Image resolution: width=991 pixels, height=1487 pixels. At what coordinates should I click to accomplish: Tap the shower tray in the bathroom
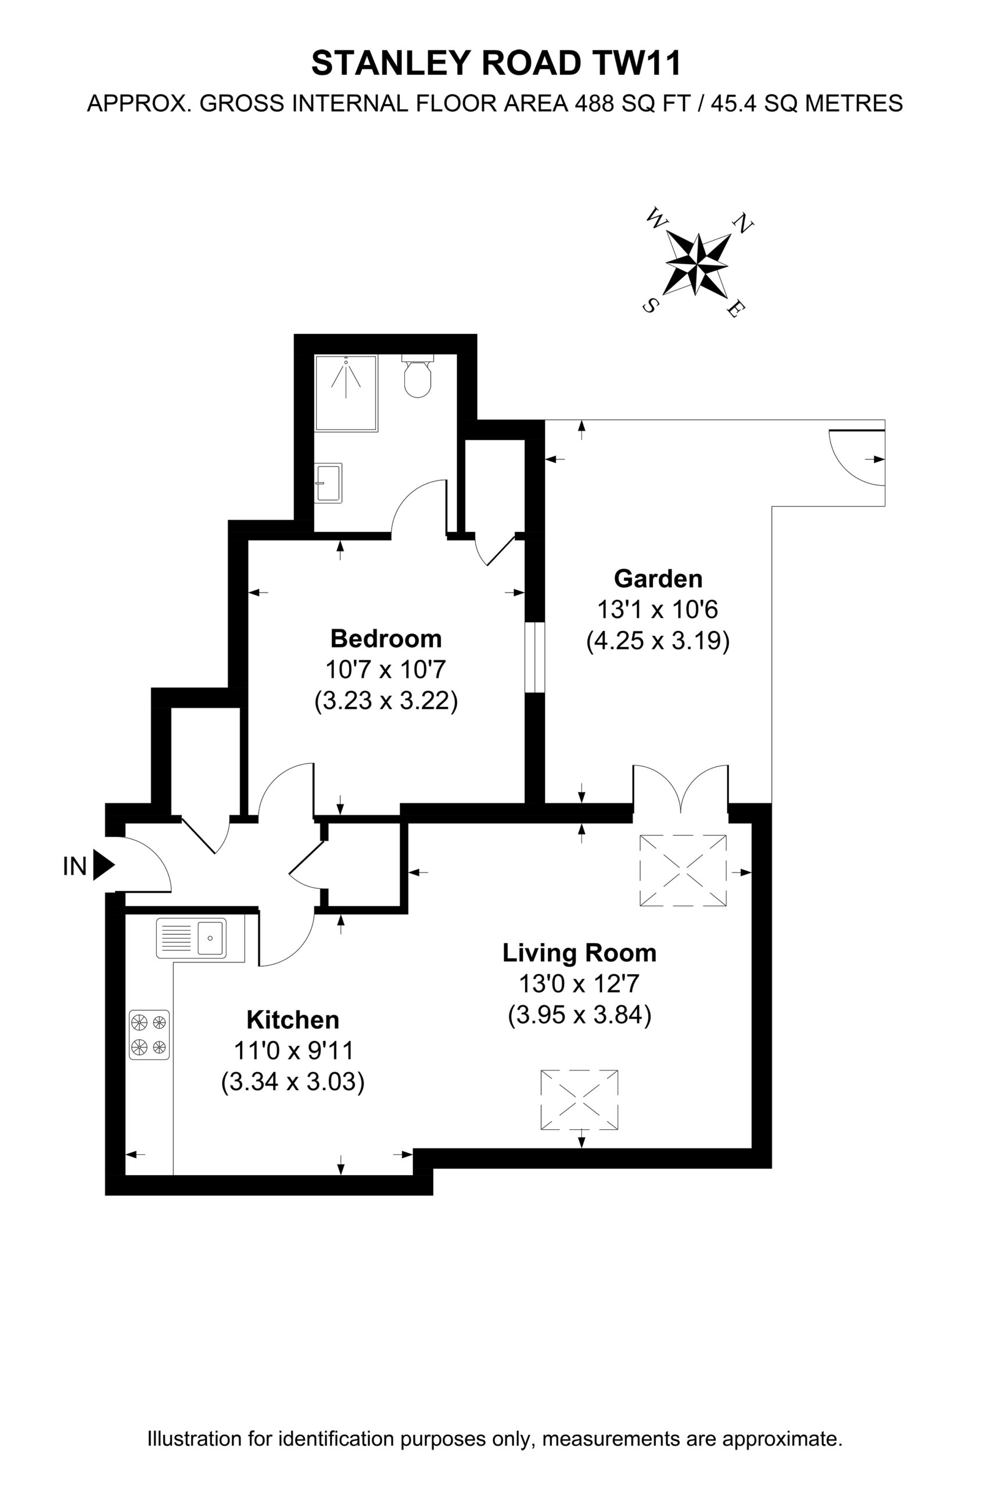[x=346, y=393]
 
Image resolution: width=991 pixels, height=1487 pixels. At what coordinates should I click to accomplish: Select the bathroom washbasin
[x=328, y=483]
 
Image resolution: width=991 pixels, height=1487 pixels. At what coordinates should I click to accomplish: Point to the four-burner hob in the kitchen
[x=149, y=1035]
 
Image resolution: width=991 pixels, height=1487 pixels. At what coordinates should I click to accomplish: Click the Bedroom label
[x=386, y=638]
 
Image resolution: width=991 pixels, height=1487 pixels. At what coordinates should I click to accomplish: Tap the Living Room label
[x=579, y=953]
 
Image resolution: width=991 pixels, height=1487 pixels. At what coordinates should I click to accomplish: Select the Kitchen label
[x=293, y=1019]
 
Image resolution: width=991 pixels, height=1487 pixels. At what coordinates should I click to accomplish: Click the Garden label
[x=658, y=578]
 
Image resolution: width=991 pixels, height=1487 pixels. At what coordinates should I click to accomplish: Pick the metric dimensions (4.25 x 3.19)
[x=658, y=641]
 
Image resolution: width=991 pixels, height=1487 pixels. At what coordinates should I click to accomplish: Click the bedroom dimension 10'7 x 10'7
[x=386, y=669]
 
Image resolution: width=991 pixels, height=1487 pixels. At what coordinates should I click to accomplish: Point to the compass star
[x=696, y=264]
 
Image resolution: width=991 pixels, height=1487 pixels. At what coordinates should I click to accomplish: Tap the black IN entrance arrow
[x=103, y=864]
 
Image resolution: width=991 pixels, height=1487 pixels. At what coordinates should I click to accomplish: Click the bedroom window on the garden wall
[x=534, y=657]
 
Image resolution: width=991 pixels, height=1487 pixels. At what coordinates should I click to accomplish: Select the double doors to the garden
[x=681, y=789]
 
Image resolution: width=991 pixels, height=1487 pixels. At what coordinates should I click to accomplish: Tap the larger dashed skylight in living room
[x=683, y=870]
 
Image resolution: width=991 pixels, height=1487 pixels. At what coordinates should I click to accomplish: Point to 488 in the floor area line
[x=594, y=103]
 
